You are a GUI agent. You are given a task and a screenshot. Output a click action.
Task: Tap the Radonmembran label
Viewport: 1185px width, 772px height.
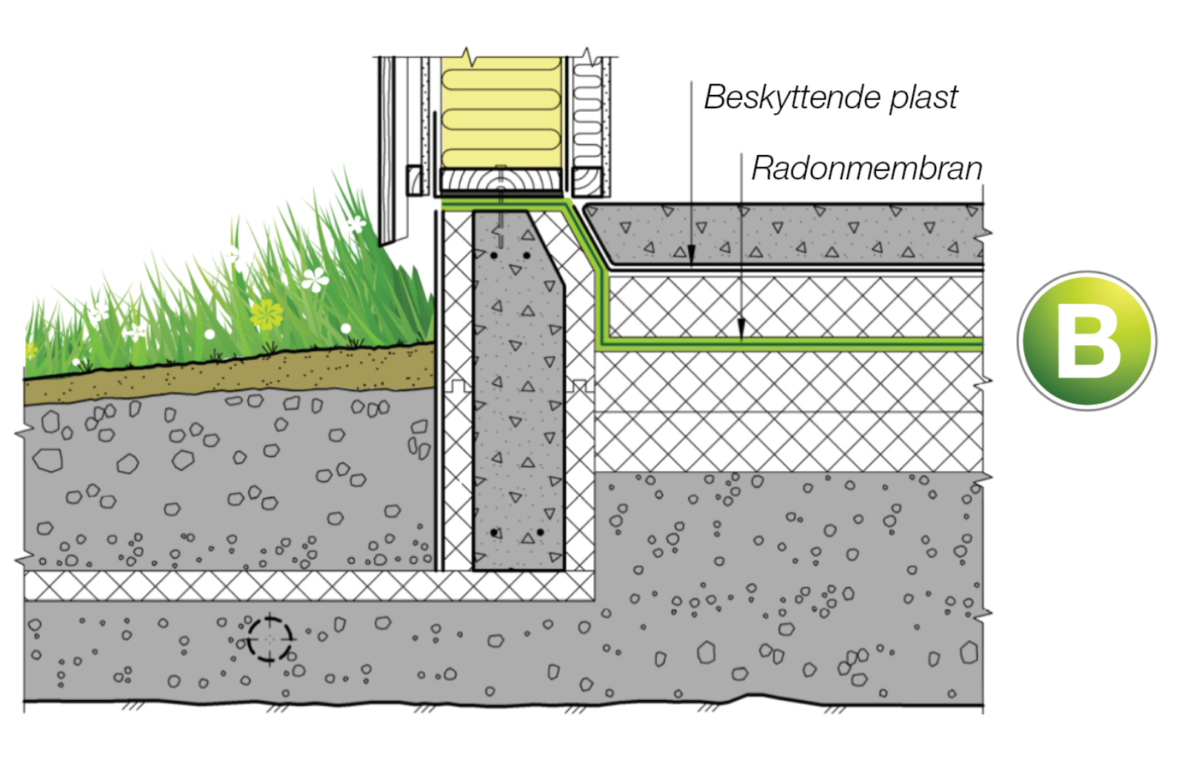coord(867,168)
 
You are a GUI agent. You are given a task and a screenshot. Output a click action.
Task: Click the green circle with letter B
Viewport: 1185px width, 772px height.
coord(1086,341)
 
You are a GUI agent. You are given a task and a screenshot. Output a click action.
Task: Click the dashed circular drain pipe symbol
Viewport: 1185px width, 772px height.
coord(269,637)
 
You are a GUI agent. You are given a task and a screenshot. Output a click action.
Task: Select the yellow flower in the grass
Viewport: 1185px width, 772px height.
coord(267,313)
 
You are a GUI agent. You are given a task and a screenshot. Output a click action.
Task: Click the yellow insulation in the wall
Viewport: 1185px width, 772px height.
coord(501,111)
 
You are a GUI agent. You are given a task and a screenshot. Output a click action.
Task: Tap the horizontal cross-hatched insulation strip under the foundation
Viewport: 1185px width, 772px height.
coord(296,586)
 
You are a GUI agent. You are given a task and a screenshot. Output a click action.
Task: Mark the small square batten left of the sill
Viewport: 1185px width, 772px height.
coord(415,180)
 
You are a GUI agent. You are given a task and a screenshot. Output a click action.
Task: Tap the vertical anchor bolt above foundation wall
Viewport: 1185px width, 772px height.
coord(501,215)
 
